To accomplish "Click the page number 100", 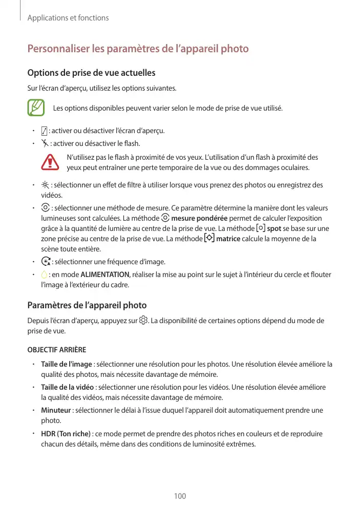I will (x=180, y=496).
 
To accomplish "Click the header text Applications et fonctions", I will (x=68, y=18).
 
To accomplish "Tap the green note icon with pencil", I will (x=36, y=108).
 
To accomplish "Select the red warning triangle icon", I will (x=50, y=162).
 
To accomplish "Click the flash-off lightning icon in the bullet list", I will (x=45, y=143).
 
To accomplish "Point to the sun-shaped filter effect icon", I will (x=45, y=185).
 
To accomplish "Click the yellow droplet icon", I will (x=44, y=275).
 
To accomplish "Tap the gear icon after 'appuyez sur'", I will (x=143, y=321).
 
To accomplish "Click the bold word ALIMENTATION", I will (x=105, y=275).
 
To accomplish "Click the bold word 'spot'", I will (x=274, y=228).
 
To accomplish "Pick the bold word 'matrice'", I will (x=229, y=239).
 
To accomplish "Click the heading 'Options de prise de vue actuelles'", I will (x=91, y=73).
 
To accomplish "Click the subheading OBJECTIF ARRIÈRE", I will (x=56, y=350).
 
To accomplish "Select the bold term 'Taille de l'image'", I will (x=67, y=364).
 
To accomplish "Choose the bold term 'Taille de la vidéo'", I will (x=68, y=387).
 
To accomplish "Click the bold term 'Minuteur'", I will (x=56, y=411).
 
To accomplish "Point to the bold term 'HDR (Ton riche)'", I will (x=66, y=434).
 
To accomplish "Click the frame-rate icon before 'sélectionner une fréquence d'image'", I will (x=45, y=262).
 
